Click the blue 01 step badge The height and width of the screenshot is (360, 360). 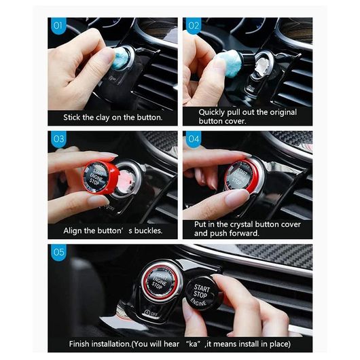(x=58, y=26)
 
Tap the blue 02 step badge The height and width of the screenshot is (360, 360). (x=194, y=26)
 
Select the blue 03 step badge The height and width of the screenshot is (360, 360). (x=58, y=139)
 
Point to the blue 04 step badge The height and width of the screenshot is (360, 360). (x=194, y=139)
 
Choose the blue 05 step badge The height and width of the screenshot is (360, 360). (x=58, y=252)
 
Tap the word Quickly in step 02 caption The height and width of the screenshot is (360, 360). (x=212, y=113)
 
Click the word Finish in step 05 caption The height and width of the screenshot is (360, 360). (x=79, y=344)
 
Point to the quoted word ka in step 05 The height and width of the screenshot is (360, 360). (x=193, y=344)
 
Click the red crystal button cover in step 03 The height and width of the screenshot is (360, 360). (x=101, y=177)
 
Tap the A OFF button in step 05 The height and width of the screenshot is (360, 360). (x=151, y=313)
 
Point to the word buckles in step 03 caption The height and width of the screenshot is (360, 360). (x=148, y=230)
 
